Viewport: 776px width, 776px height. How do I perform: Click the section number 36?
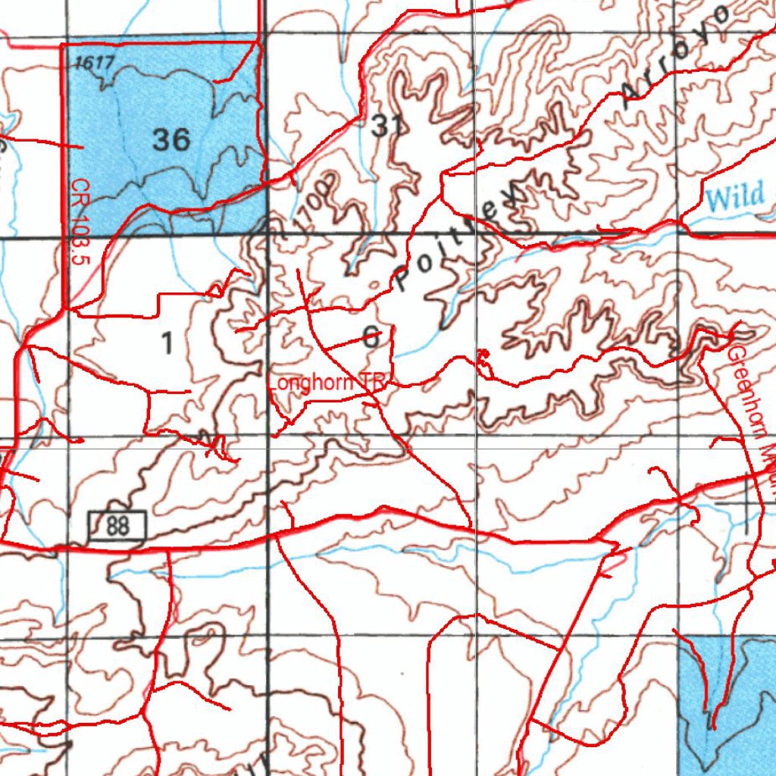tap(171, 139)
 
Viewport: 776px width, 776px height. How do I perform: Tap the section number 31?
tap(386, 127)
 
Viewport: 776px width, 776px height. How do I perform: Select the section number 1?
tap(167, 344)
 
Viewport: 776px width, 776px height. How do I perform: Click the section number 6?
tap(371, 338)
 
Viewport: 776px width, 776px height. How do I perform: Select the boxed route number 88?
tap(117, 525)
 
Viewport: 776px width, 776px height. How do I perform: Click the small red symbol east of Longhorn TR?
tap(483, 354)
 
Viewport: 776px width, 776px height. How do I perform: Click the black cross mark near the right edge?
tap(746, 503)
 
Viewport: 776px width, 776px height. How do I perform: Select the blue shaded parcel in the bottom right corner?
tap(727, 697)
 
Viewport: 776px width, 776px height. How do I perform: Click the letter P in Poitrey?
tap(404, 281)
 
